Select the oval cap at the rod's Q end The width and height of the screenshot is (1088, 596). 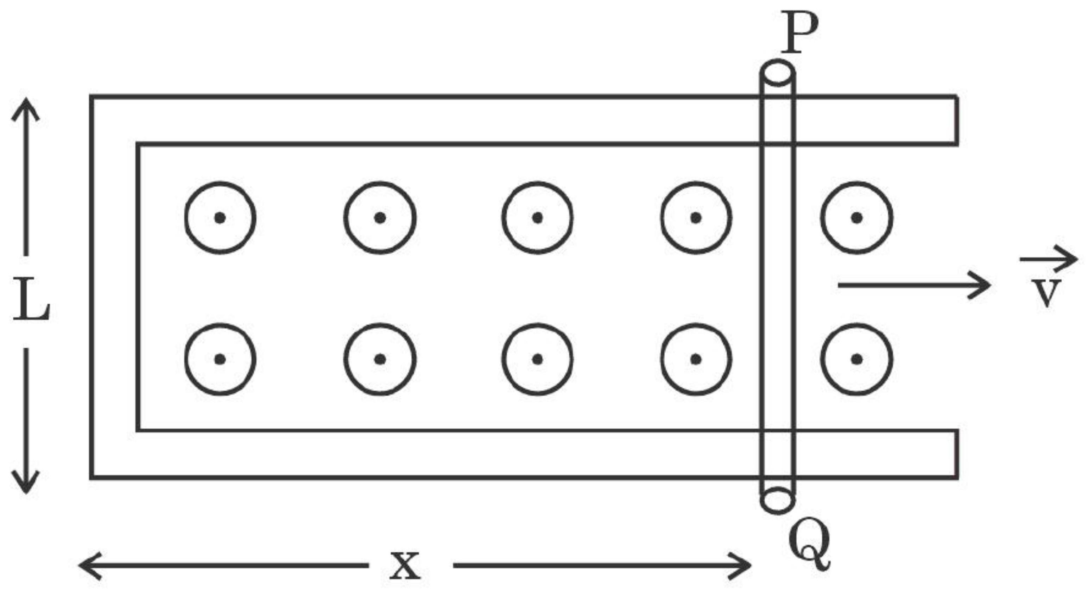[778, 501]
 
